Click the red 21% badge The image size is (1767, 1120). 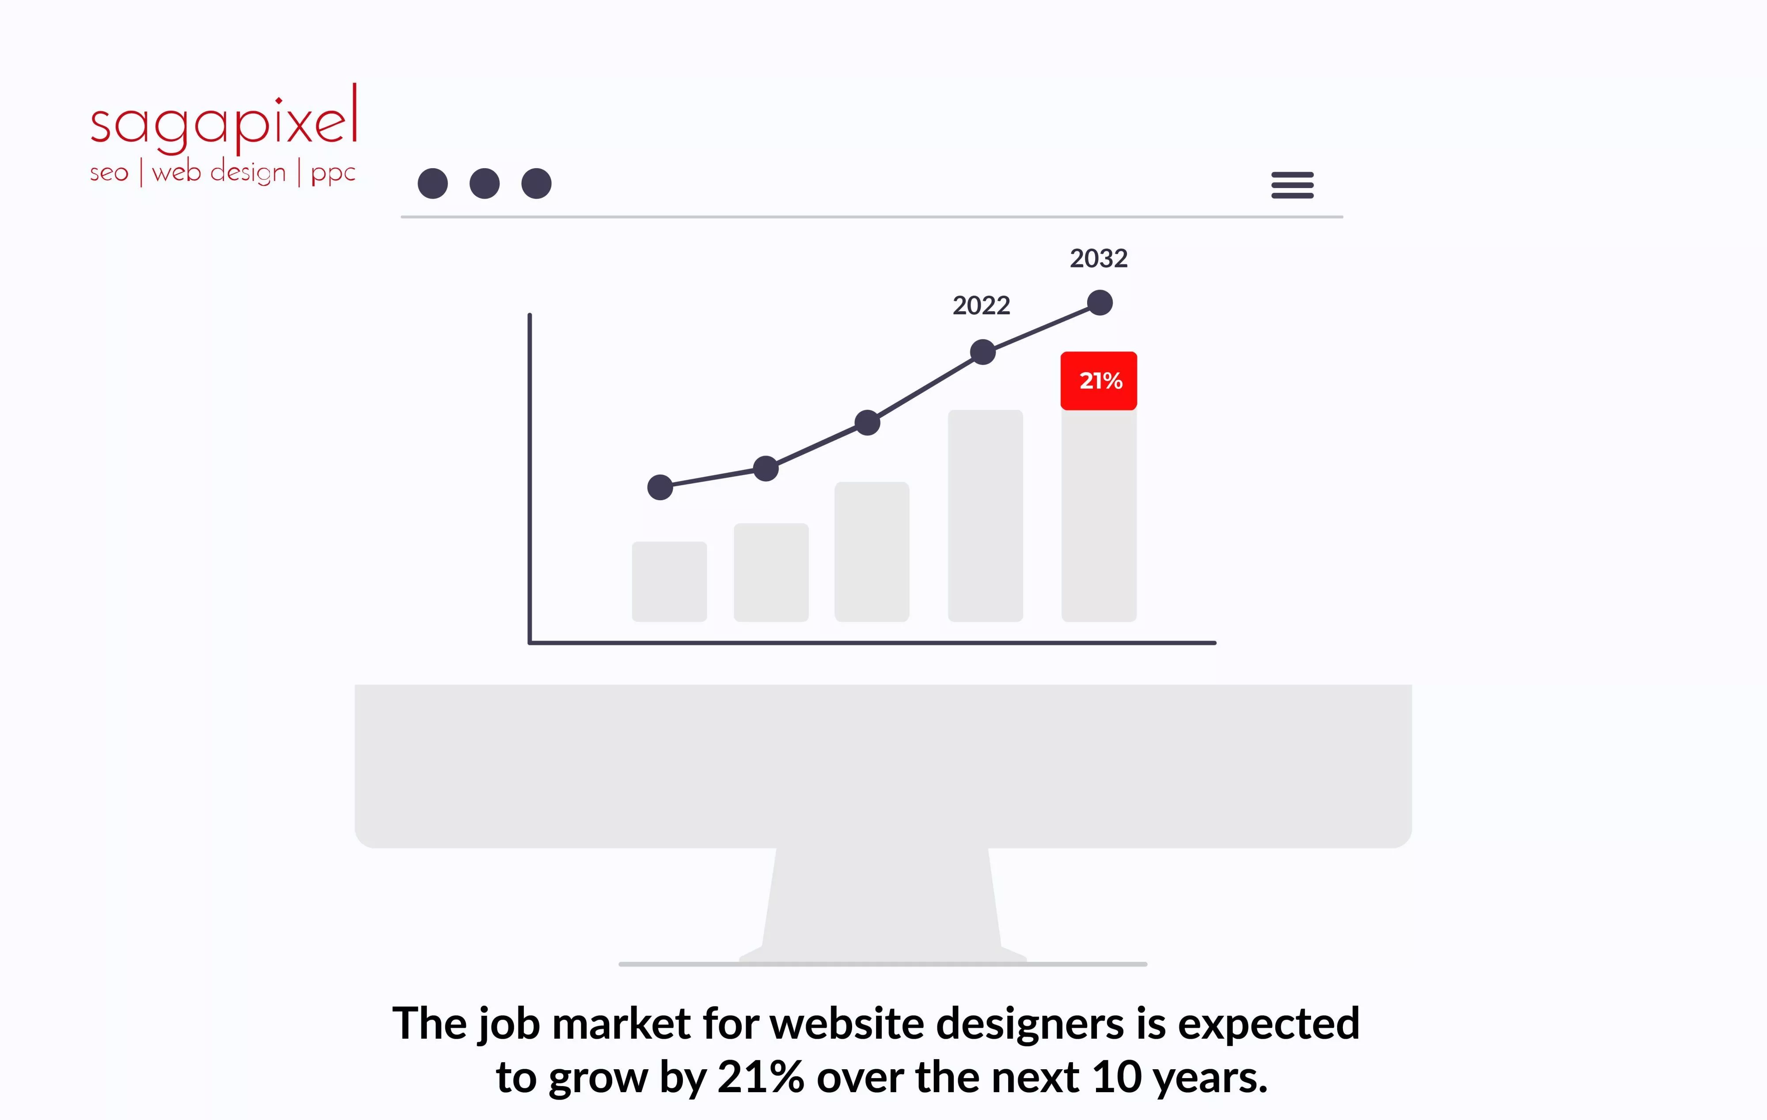[x=1099, y=381]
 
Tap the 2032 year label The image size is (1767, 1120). [x=1099, y=258]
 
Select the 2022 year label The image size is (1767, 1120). [x=981, y=305]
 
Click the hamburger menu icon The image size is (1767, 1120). [x=1292, y=185]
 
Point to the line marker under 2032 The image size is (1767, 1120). [x=1099, y=302]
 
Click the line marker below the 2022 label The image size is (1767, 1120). [x=982, y=352]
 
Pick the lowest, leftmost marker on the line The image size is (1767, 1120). [x=660, y=487]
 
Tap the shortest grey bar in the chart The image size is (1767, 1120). [x=669, y=582]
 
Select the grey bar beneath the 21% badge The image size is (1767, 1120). [x=1099, y=516]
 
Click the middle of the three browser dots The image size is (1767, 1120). [x=484, y=183]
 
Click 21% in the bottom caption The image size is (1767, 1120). [x=760, y=1078]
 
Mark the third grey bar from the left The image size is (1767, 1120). [x=872, y=551]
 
